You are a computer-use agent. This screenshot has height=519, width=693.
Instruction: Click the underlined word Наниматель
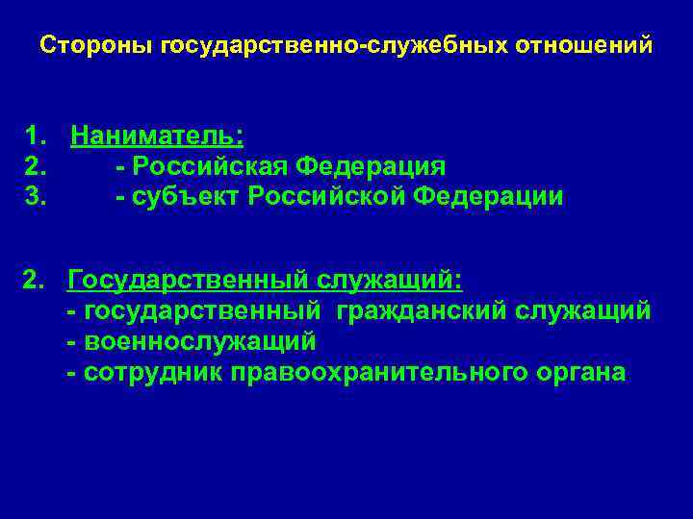coord(157,134)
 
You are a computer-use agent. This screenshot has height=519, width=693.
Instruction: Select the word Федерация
coord(371,165)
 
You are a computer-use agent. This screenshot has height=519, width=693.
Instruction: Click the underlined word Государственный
coord(189,281)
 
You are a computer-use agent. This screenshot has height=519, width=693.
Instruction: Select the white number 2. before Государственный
coord(35,281)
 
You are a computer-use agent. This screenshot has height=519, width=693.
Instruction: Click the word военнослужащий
coord(200,341)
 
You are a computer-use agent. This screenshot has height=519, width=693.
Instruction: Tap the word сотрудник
coord(153,372)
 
